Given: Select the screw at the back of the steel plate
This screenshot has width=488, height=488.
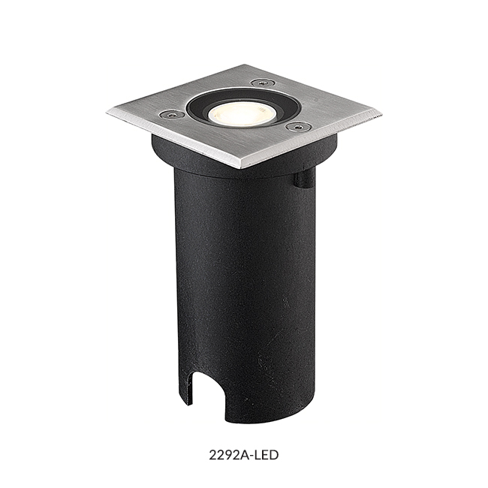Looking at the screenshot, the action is coord(261,83).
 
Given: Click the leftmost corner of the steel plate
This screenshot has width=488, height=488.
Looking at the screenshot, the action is coord(107,113).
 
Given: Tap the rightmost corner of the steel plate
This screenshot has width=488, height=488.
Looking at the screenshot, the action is coord(382,116).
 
